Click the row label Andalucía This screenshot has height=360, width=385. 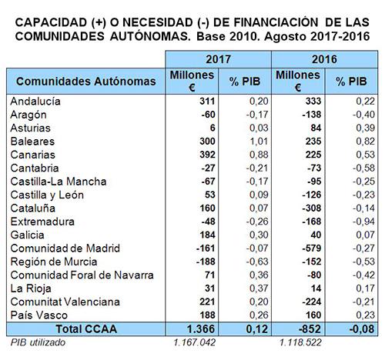[x=35, y=102]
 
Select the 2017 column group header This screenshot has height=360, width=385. [x=218, y=59]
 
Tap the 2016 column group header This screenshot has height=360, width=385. [x=324, y=59]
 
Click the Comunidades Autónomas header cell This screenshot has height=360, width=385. [x=86, y=82]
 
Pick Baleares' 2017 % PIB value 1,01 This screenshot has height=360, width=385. [x=259, y=142]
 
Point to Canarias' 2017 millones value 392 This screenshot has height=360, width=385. [x=207, y=155]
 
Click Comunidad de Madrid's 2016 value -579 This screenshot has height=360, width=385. [x=312, y=248]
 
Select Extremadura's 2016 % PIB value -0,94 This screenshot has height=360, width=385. [x=363, y=222]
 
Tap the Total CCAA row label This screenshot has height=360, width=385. [x=86, y=329]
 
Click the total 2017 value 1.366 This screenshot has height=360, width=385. [x=201, y=329]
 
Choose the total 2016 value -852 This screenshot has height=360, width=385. [x=310, y=329]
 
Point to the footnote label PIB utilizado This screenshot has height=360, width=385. [x=38, y=342]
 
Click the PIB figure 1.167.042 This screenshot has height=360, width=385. [x=194, y=342]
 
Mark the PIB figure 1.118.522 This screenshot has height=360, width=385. [x=300, y=342]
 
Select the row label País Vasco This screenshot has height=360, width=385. [x=39, y=315]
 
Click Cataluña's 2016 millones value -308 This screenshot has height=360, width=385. [x=312, y=208]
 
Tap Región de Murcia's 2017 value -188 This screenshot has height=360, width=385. [x=206, y=262]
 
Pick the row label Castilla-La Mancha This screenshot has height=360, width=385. [x=59, y=182]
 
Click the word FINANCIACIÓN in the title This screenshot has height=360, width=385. [x=276, y=22]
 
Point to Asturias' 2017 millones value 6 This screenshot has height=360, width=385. [x=213, y=128]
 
